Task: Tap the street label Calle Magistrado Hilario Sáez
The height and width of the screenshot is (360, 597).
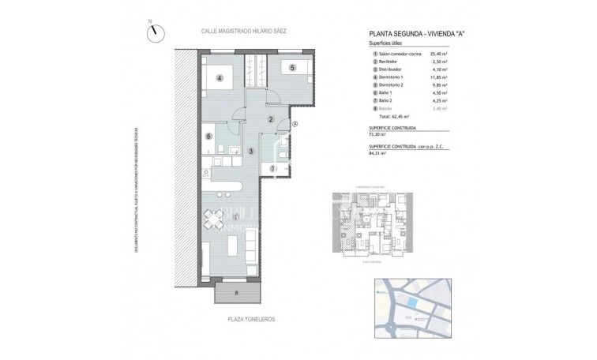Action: click(244, 31)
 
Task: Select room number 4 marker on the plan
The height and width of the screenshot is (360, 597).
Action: click(220, 77)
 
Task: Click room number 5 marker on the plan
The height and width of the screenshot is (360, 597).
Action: click(291, 68)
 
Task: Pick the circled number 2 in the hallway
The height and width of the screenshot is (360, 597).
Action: click(270, 120)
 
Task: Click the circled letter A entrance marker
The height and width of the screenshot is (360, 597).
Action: click(295, 124)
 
